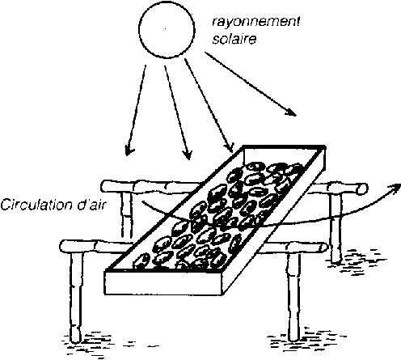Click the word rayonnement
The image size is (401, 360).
click(x=256, y=21)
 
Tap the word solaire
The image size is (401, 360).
click(x=234, y=39)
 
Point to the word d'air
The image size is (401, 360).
click(x=91, y=205)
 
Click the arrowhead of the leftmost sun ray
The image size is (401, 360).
click(x=129, y=150)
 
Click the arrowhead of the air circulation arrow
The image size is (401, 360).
click(x=394, y=187)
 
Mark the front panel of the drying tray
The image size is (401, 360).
click(x=163, y=283)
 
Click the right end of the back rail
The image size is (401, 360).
click(x=363, y=188)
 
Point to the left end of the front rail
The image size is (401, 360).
click(x=64, y=246)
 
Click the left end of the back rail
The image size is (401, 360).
click(x=105, y=186)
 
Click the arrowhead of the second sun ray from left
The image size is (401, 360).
click(x=188, y=155)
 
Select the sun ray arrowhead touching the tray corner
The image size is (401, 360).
click(x=230, y=147)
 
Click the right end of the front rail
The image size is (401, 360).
click(x=323, y=247)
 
